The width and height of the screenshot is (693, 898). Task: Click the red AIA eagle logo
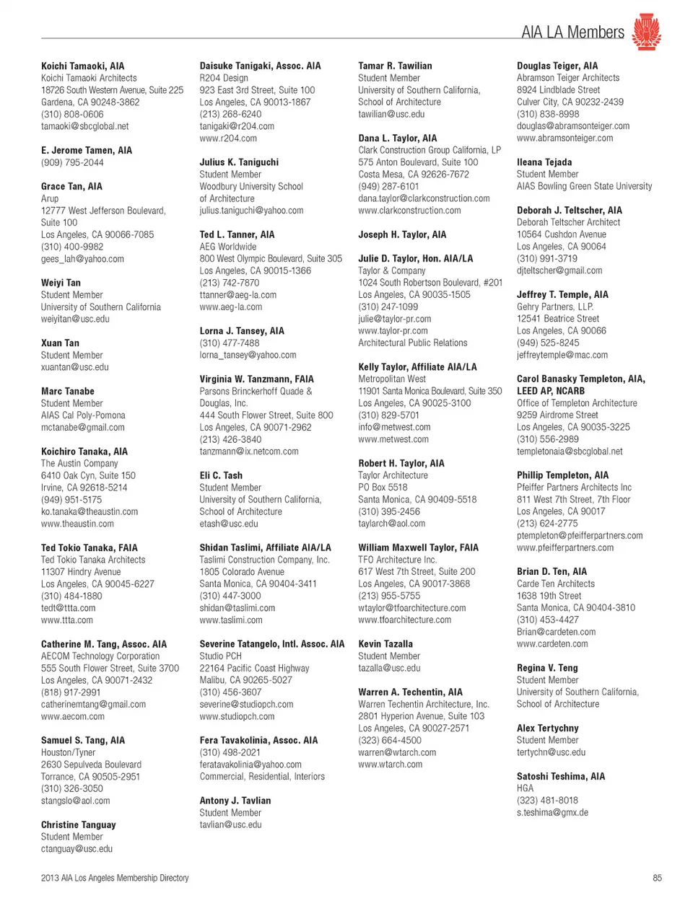point(646,32)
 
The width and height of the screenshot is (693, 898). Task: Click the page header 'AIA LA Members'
point(572,32)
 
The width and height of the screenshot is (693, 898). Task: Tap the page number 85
point(657,878)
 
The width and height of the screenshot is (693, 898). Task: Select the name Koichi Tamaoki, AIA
point(82,66)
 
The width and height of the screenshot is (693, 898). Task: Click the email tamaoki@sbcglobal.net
point(84,126)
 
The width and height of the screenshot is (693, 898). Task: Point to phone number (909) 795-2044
point(72,162)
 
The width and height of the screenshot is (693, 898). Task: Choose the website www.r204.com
point(228,138)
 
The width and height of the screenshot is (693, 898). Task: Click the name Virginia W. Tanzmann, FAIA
point(256,379)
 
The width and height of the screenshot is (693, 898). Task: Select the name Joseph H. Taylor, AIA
point(402,234)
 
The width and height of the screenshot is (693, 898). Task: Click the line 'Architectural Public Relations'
point(413,343)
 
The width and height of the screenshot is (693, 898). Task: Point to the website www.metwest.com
point(393,439)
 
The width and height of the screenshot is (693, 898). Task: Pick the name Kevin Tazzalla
point(385,644)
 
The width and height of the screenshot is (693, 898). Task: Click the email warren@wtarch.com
point(397,752)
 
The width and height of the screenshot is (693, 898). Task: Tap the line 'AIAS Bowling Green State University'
point(584,186)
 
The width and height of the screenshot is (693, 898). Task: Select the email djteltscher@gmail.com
point(559,270)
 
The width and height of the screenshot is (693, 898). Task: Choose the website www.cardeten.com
point(552,644)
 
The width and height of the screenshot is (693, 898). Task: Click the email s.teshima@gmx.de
point(552,812)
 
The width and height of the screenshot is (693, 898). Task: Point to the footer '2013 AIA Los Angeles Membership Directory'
point(115,878)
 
